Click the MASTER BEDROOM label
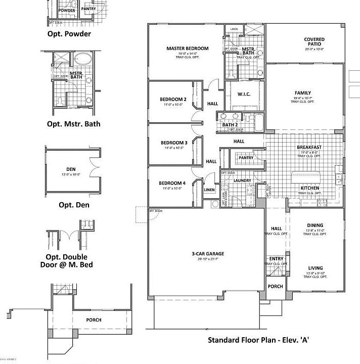[187, 49]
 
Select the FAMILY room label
[302, 93]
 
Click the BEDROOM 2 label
[173, 99]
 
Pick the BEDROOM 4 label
[172, 183]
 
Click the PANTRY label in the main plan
[246, 158]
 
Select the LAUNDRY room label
[243, 180]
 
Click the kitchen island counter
[306, 177]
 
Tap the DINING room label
[315, 225]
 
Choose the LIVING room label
[315, 268]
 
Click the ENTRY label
[276, 259]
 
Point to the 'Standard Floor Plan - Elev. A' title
[258, 340]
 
